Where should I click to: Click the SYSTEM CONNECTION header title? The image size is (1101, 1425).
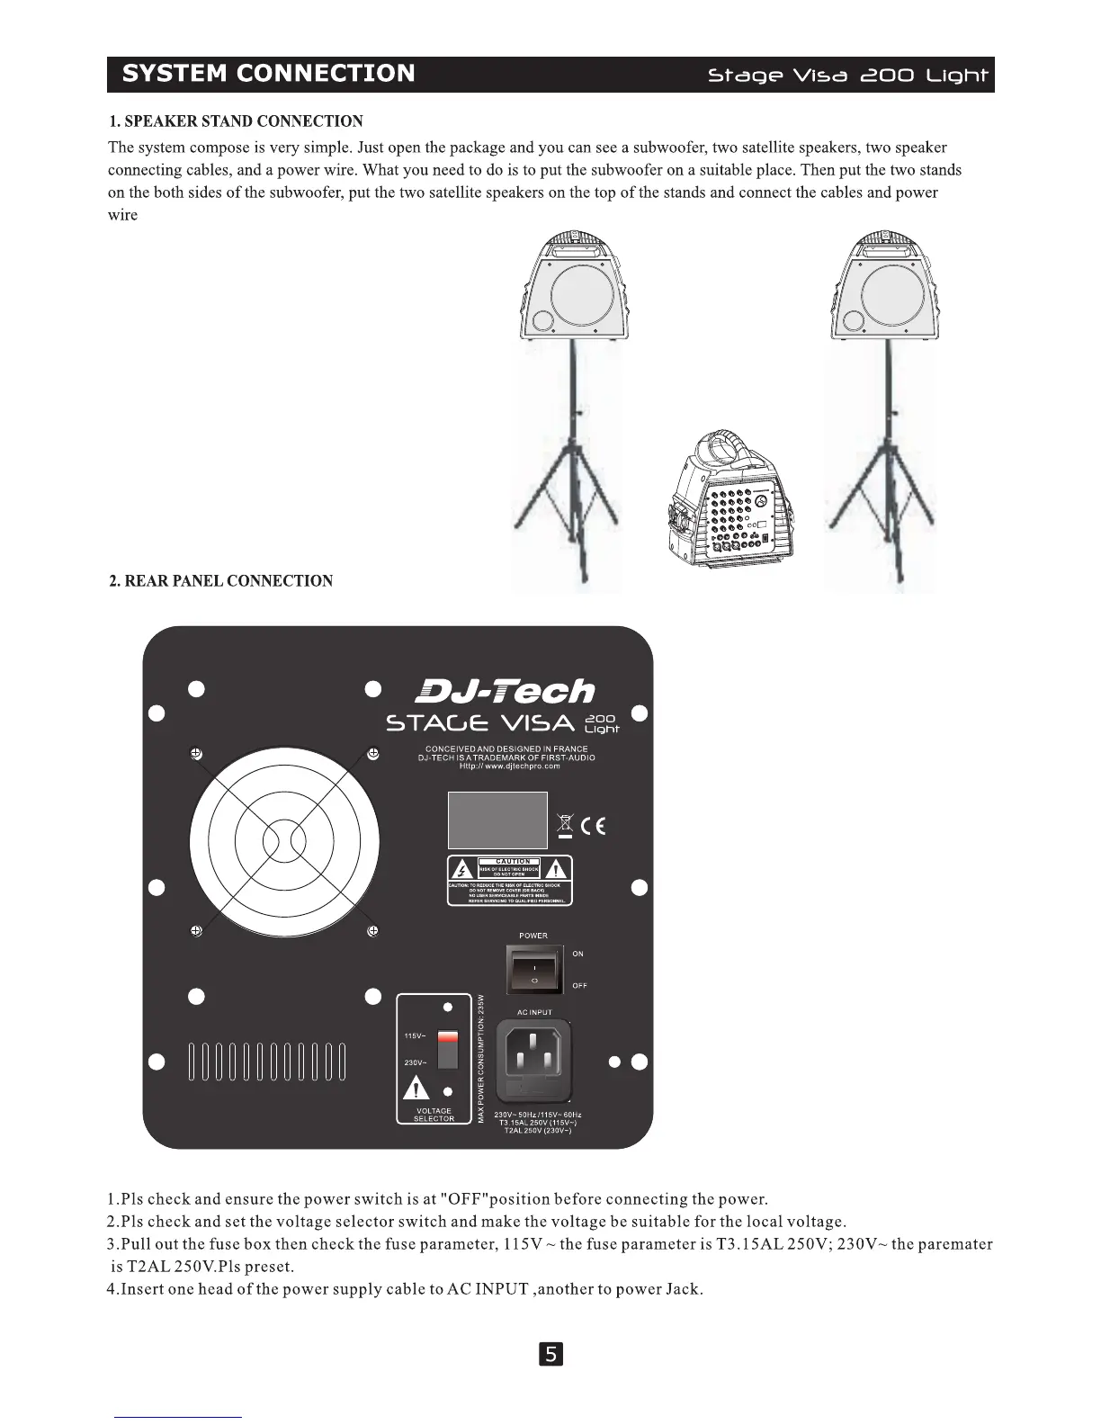point(268,74)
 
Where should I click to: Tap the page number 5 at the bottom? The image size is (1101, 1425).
point(550,1353)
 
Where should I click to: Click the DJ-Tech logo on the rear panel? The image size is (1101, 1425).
point(505,691)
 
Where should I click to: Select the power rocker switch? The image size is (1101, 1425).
point(534,969)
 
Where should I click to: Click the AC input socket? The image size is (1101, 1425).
point(534,1058)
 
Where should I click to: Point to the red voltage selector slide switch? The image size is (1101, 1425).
point(447,1050)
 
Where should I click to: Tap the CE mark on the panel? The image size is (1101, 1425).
point(593,825)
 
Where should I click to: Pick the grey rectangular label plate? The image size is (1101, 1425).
point(497,820)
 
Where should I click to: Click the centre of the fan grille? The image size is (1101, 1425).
point(284,842)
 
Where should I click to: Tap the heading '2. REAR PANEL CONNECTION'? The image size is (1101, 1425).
point(220,581)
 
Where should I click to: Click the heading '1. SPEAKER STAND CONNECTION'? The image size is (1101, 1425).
point(236,121)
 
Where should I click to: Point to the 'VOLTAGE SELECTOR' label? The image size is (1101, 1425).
point(434,1115)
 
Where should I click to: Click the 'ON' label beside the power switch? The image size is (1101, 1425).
point(577,954)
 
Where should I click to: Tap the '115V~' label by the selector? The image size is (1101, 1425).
point(415,1036)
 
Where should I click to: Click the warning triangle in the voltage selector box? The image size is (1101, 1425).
point(416,1088)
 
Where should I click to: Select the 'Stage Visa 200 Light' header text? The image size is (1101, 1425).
point(847,76)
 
